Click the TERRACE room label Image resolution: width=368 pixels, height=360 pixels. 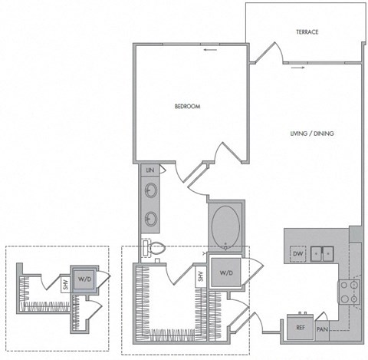(307, 31)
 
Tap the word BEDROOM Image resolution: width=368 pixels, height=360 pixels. (187, 107)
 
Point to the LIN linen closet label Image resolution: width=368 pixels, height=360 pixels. (149, 169)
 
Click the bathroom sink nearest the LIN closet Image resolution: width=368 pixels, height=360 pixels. (150, 190)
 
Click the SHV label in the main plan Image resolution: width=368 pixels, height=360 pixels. (202, 277)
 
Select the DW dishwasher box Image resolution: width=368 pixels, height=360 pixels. (297, 253)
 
